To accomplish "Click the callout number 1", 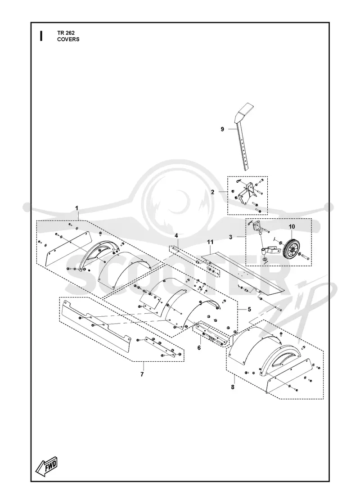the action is [77, 208].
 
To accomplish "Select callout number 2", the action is [212, 192].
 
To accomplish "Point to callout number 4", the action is [176, 236].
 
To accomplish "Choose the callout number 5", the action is [249, 310].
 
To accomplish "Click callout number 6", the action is [199, 348].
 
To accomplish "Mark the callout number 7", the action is [142, 374].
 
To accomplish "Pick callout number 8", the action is [233, 387].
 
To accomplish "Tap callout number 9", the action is [222, 129].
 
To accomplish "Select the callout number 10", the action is [292, 227].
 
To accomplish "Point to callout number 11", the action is [210, 242].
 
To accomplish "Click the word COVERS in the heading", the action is [68, 39].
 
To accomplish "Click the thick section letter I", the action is [41, 36].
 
